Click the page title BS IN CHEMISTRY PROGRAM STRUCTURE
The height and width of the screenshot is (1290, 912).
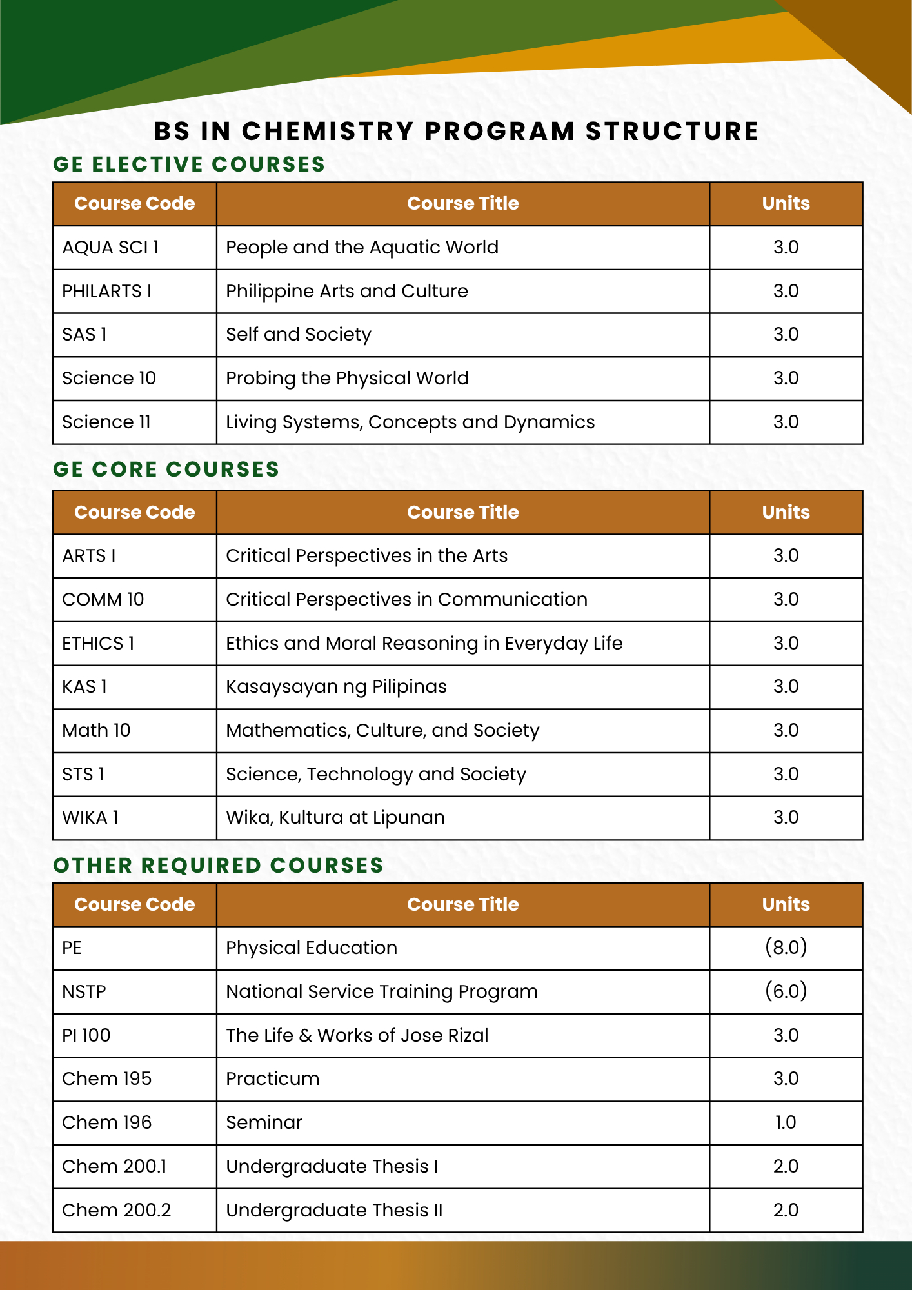click(456, 131)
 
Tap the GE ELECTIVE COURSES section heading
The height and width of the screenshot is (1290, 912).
click(189, 164)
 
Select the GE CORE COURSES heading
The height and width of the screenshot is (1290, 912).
click(166, 470)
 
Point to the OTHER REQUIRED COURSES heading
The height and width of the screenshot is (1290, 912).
click(218, 866)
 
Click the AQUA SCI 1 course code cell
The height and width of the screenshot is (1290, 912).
click(110, 248)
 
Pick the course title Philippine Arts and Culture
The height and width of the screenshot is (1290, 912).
click(346, 292)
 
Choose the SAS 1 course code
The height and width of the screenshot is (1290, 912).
click(84, 335)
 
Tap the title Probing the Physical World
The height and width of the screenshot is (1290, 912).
click(347, 379)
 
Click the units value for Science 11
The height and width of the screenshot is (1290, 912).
click(786, 422)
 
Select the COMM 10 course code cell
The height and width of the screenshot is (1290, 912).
click(103, 600)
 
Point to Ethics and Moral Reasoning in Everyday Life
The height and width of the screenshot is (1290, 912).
click(424, 644)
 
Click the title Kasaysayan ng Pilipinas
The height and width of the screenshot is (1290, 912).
click(336, 687)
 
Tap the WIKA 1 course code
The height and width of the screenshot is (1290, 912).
click(90, 818)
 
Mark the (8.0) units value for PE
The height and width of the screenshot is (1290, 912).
click(786, 948)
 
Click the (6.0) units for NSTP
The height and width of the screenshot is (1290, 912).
click(786, 991)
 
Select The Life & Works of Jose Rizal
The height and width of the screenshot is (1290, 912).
click(357, 1035)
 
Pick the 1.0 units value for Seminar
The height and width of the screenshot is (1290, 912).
click(786, 1123)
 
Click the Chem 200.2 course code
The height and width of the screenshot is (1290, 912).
click(117, 1210)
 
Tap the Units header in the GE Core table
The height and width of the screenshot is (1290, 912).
click(786, 512)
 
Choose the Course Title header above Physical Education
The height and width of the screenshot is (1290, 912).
click(462, 904)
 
